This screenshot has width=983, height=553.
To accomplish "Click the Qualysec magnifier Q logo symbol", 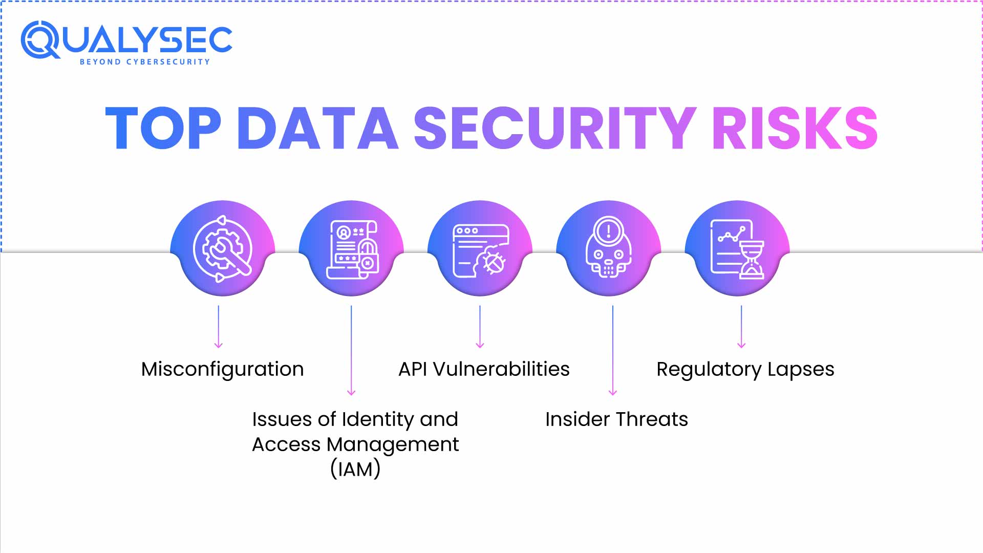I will (40, 40).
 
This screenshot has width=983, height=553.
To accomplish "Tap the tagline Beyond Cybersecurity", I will (145, 62).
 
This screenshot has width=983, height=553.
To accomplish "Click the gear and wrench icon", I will (222, 249).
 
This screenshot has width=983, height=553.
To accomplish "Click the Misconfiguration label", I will (222, 369).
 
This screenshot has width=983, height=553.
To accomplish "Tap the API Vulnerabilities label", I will (484, 369).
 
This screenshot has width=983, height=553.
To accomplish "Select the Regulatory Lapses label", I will (745, 369).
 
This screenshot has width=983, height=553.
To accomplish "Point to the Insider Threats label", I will (616, 419).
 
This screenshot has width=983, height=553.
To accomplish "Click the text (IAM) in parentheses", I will (355, 469).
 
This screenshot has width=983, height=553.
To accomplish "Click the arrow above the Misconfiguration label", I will (219, 328).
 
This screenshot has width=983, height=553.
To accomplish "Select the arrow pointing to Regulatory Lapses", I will (741, 328).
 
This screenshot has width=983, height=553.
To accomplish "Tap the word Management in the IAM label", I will (392, 444).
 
